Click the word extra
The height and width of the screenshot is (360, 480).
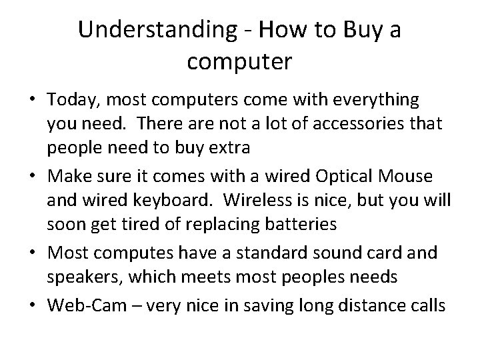point(229,149)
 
